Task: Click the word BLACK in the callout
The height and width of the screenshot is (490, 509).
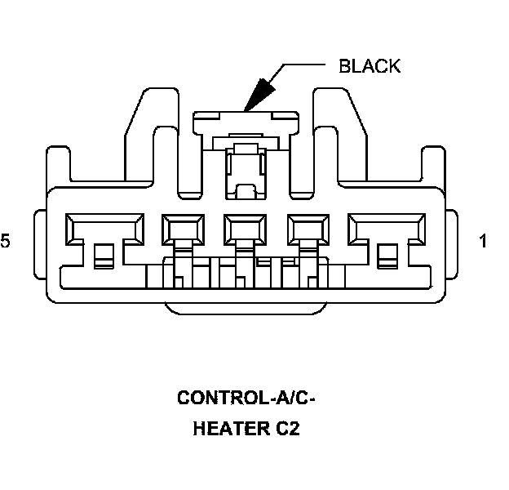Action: (370, 66)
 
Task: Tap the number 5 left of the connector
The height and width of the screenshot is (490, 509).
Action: (6, 242)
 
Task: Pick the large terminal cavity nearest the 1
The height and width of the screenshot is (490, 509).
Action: (385, 229)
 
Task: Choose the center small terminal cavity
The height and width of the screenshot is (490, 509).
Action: (244, 230)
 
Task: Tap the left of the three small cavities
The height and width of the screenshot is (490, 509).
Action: (181, 230)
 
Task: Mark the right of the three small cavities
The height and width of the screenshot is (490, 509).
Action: (308, 230)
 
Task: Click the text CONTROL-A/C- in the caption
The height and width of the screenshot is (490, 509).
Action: (246, 399)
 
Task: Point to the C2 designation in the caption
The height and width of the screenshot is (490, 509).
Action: (288, 429)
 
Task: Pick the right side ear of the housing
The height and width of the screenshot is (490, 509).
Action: (450, 243)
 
